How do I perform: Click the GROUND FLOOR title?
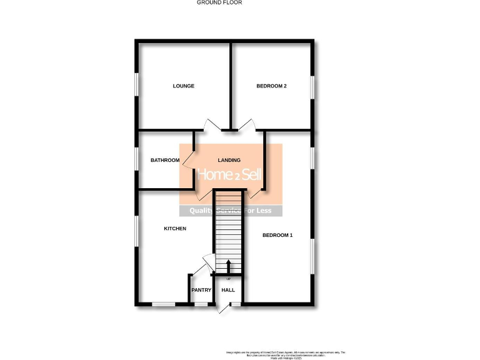[x=219, y=2]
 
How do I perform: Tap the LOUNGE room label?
[x=184, y=86]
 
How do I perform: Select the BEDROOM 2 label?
[x=271, y=86]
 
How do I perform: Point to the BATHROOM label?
[x=165, y=161]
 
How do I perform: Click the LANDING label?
[x=229, y=161]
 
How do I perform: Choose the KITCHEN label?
[x=175, y=229]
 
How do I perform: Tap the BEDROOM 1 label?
[x=277, y=236]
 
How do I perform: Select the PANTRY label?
[x=201, y=290]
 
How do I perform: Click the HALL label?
[x=228, y=290]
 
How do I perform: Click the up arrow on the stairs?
[x=228, y=265]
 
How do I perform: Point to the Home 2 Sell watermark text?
[x=230, y=175]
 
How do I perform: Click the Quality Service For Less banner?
[x=231, y=211]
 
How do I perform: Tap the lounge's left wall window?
[x=136, y=86]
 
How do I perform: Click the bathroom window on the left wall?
[x=137, y=159]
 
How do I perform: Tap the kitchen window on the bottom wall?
[x=164, y=304]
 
